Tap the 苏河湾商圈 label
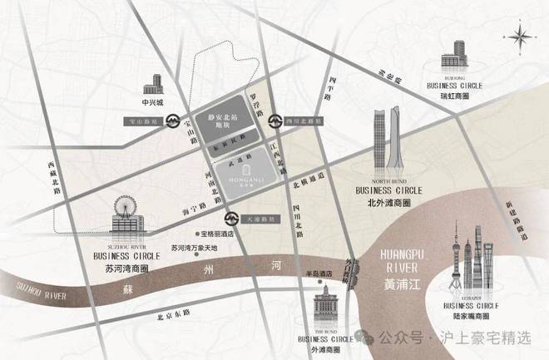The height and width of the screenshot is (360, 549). click(x=123, y=271)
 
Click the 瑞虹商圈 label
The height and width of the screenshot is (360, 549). click(x=454, y=96)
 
